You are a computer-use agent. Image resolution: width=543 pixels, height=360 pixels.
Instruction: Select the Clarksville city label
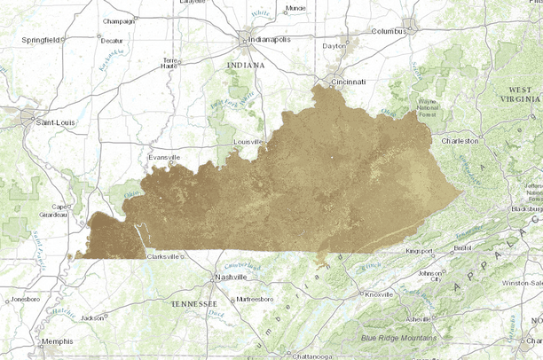pyautogui.click(x=162, y=256)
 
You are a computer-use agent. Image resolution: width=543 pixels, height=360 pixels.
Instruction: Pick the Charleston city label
pyautogui.click(x=460, y=140)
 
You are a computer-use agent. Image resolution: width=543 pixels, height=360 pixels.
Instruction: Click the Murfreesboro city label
pyautogui.click(x=257, y=299)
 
